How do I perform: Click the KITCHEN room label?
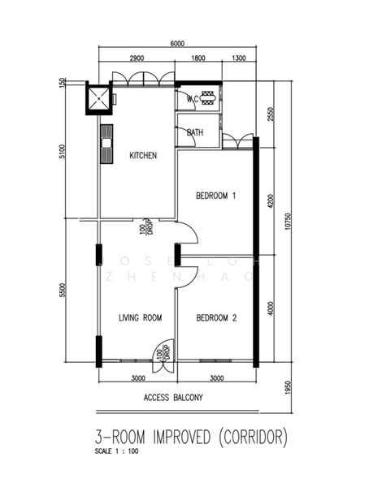tap(143, 156)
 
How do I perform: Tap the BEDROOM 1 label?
tap(216, 196)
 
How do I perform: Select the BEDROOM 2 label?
tap(216, 318)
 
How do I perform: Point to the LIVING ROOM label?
tap(141, 318)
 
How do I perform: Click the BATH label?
tap(195, 132)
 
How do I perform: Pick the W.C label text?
tap(193, 99)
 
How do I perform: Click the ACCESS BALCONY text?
tap(172, 398)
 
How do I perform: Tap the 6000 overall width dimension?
tap(178, 44)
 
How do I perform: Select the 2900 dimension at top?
tap(136, 58)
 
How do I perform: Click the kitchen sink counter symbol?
tap(106, 144)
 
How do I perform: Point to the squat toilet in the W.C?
tap(208, 98)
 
